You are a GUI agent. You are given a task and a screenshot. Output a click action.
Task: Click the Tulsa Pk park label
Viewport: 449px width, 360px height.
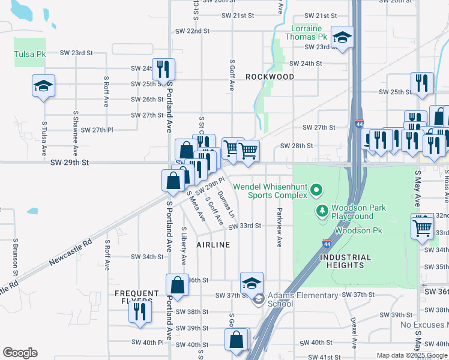point(30,54)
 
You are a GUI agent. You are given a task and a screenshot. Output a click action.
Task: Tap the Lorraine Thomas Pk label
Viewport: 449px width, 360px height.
point(307,32)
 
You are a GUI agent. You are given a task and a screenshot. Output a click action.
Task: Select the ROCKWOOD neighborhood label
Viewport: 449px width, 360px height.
point(270,77)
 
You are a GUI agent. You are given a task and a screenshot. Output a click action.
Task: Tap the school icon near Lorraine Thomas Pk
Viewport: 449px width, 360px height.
point(342,38)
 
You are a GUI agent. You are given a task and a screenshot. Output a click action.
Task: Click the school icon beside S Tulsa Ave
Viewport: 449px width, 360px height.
point(44,86)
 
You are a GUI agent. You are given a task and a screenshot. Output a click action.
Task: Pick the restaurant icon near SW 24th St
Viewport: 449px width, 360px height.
point(163,70)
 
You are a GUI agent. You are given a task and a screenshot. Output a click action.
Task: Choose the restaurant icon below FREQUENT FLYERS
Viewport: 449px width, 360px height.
point(140,312)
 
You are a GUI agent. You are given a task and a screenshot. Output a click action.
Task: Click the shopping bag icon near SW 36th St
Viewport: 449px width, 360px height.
point(178,284)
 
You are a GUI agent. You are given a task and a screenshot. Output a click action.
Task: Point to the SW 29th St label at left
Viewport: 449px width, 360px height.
point(70,163)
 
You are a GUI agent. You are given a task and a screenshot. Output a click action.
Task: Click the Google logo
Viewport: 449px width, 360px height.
point(20,353)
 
